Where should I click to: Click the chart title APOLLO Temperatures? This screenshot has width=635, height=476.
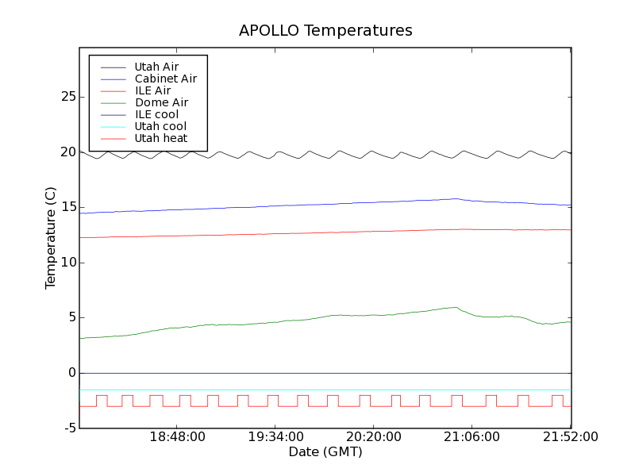pos(325,31)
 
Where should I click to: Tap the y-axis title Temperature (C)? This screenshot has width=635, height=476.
pos(51,238)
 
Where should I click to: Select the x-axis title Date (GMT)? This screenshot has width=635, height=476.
pos(325,451)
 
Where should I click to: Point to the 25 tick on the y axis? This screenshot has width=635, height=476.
pos(68,97)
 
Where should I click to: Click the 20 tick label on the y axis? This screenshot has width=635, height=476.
pos(68,152)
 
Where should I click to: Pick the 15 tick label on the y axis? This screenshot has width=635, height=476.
pos(68,207)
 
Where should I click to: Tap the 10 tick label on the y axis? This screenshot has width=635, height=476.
pos(68,263)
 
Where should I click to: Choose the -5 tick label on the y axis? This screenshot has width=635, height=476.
pos(70,428)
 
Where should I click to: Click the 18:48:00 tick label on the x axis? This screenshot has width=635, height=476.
pos(178,437)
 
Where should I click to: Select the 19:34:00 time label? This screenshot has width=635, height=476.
pos(276,437)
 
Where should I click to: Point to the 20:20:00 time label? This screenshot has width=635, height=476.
pos(375,437)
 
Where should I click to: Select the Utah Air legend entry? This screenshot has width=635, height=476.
pos(156,67)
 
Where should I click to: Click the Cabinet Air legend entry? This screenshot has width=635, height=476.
pos(165,79)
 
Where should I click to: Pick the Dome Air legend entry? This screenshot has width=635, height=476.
pos(161,102)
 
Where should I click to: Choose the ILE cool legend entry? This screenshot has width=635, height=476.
pos(156,114)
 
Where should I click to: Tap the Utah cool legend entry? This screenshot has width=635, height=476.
pos(160,126)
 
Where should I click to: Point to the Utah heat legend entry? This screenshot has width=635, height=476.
pos(161,138)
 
